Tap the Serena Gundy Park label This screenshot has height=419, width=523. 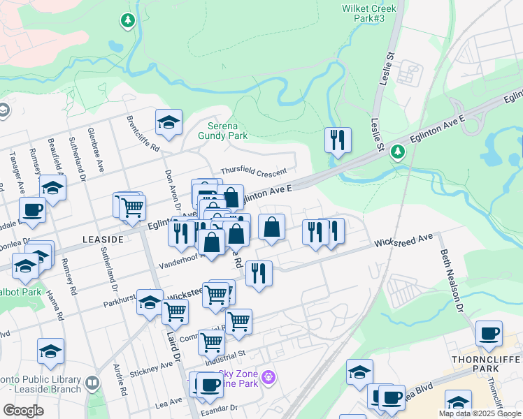223,131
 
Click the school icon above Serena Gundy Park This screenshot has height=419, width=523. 169,122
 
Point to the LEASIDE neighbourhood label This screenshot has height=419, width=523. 103,239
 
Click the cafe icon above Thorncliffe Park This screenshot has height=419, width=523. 489,333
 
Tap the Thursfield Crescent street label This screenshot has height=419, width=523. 253,171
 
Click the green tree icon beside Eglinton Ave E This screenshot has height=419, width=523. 398,151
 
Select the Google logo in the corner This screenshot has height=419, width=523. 23,411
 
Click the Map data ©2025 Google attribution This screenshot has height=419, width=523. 480,413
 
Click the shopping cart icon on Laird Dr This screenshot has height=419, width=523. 175,312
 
